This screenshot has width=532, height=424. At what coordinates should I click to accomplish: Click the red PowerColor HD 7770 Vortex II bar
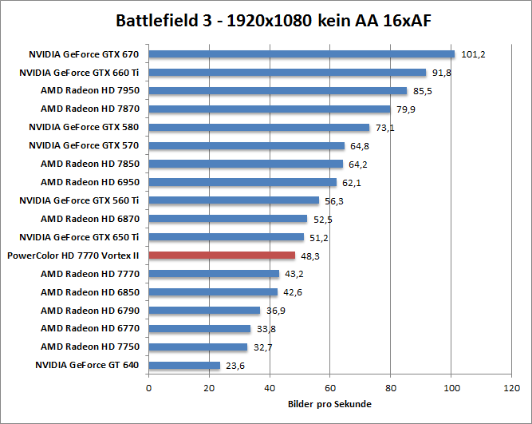222,256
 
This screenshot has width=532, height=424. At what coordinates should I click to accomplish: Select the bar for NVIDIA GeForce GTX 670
301,54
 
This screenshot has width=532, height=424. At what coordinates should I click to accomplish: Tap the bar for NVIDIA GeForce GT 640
184,365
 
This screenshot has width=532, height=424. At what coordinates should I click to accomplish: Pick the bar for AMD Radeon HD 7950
278,91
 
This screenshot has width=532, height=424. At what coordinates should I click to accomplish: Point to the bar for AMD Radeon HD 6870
227,219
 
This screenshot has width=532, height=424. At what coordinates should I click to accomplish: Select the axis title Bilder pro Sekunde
329,404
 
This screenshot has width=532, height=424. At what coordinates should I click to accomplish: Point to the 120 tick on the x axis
511,388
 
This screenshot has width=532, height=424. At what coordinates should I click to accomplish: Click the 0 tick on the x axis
148,388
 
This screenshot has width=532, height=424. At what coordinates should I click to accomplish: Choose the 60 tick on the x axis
330,388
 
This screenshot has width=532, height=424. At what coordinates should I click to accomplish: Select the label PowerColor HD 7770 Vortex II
73,256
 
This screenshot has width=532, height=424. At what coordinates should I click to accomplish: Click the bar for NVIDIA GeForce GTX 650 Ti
226,237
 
